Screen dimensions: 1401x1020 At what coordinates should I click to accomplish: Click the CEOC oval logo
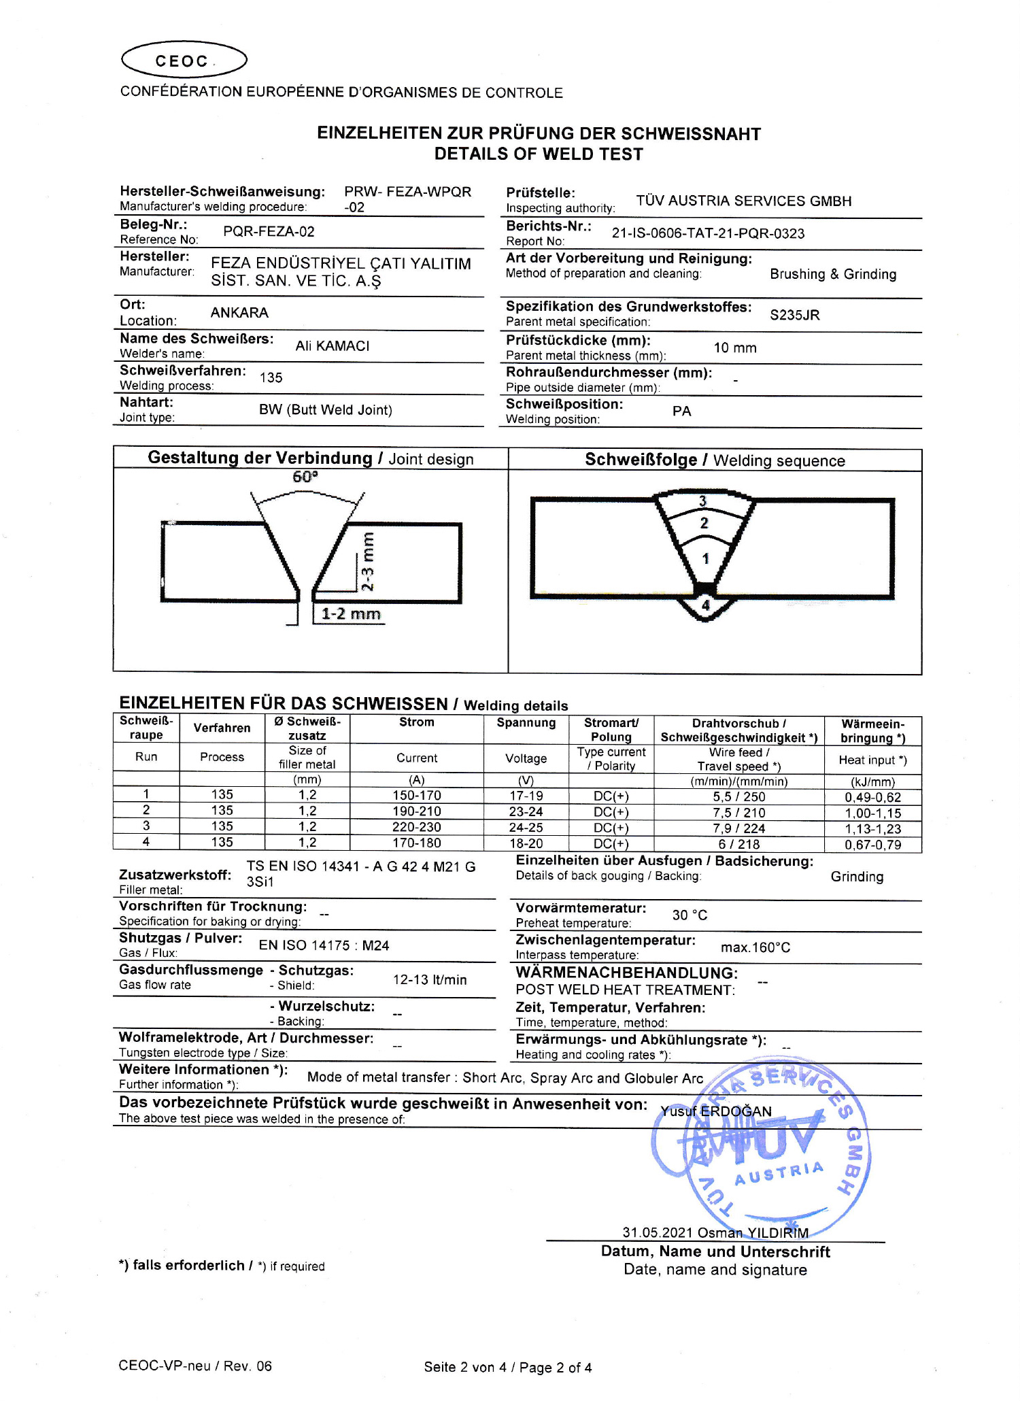(x=184, y=61)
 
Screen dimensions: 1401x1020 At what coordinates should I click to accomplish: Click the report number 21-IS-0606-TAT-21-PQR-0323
(x=708, y=233)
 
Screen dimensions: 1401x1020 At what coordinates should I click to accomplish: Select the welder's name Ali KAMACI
(x=332, y=346)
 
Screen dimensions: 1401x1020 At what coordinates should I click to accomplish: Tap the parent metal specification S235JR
(x=794, y=315)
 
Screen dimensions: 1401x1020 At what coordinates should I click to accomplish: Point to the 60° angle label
(x=305, y=477)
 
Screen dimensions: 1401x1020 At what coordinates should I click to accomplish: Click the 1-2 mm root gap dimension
(x=350, y=614)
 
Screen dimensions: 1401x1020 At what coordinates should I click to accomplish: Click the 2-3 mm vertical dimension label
(x=367, y=562)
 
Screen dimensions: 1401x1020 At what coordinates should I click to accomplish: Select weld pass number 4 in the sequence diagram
(x=706, y=605)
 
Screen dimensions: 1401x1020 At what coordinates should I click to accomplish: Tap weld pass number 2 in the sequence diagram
(x=704, y=523)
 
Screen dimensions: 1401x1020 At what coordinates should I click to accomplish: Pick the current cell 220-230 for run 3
(x=416, y=828)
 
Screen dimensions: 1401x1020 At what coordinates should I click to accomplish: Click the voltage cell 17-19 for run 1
(x=526, y=796)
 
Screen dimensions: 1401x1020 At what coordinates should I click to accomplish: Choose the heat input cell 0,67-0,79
(x=872, y=845)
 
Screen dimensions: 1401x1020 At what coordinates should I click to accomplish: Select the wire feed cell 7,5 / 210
(x=738, y=813)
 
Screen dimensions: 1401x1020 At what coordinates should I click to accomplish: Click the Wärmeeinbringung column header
(x=872, y=731)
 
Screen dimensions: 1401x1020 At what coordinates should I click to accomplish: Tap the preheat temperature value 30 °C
(x=690, y=915)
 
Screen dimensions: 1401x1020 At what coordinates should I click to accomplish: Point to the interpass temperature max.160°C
(x=755, y=947)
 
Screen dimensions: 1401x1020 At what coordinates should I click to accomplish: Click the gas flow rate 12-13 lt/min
(x=430, y=980)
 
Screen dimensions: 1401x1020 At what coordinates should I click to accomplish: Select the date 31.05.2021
(x=657, y=1233)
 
